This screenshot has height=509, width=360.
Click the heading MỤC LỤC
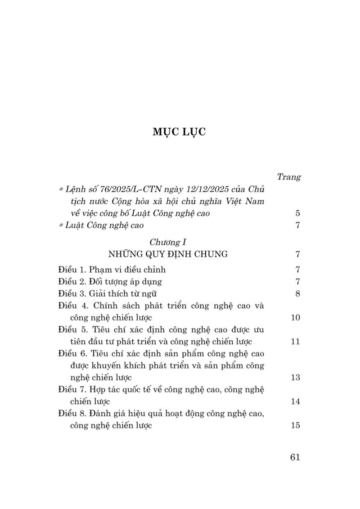coord(179,132)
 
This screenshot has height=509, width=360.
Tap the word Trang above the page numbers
coord(288,177)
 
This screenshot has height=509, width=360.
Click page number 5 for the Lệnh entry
coord(297,213)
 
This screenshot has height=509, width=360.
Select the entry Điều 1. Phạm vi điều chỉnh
coord(112,270)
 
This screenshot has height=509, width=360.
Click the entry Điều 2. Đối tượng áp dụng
coord(110,282)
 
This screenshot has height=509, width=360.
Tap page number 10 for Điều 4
coord(295,318)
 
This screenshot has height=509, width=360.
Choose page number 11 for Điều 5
coord(295,342)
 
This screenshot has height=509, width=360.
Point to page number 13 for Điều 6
coord(295,377)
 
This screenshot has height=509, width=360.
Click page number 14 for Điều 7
coord(295,401)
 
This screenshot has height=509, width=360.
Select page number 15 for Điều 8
coord(295,425)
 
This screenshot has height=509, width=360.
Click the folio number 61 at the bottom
coord(295,457)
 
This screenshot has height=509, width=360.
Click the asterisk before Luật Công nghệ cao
coord(61,226)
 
